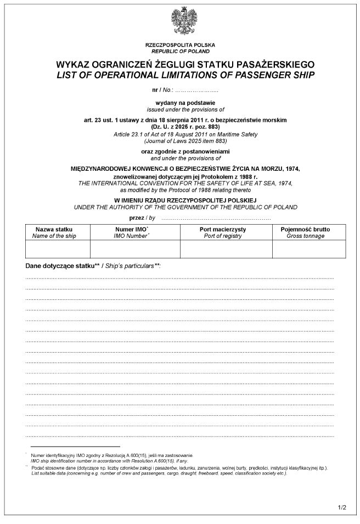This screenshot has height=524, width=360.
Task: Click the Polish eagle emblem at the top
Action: point(180,22)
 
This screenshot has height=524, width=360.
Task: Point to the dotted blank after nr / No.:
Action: point(200,88)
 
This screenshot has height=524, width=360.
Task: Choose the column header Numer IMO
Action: point(131,228)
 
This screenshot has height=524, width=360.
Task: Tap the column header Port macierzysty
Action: point(226,228)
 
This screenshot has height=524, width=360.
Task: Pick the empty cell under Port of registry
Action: point(226,249)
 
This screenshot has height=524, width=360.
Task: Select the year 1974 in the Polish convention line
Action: point(291,168)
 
